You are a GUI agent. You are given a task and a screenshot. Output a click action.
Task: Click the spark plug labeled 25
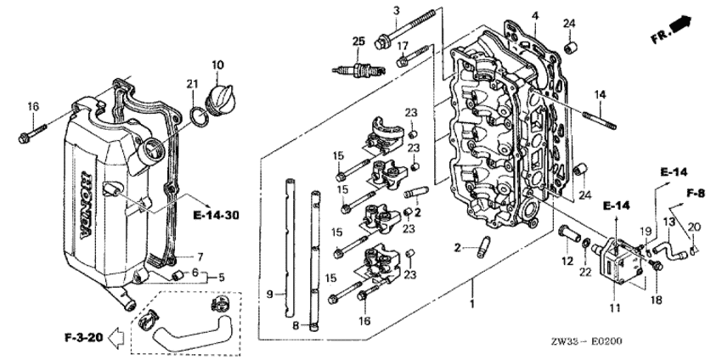(358, 70)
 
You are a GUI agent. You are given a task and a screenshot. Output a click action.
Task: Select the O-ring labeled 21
(200, 118)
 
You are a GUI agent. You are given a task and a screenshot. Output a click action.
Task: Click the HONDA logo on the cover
(86, 205)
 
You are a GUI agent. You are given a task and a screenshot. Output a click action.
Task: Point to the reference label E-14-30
(217, 215)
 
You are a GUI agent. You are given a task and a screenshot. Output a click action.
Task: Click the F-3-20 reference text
(83, 337)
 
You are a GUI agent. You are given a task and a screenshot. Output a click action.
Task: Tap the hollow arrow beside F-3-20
(116, 338)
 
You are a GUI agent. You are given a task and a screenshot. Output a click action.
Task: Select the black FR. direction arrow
(680, 24)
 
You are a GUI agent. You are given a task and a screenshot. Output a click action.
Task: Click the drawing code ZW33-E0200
(587, 341)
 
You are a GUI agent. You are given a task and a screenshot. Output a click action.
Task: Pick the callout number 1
(471, 304)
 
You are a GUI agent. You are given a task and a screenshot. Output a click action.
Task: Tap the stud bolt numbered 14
(600, 122)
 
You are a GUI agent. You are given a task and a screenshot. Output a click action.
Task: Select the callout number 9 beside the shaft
(271, 293)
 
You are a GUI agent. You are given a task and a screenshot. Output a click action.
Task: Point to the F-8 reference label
(696, 194)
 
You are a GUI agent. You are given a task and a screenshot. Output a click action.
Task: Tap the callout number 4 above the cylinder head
(534, 15)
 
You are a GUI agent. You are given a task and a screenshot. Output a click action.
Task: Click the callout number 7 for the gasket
(200, 257)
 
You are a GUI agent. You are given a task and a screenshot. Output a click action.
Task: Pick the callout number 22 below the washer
(585, 273)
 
